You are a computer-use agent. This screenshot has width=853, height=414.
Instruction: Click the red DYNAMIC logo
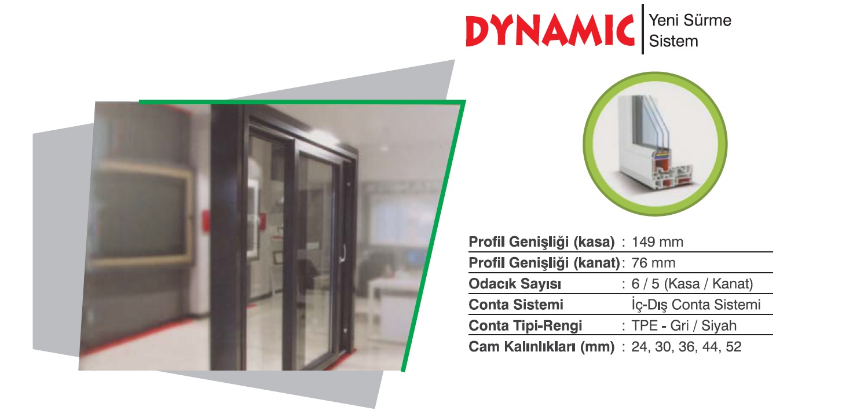point(550,31)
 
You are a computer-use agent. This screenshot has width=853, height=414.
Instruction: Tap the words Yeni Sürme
point(690,20)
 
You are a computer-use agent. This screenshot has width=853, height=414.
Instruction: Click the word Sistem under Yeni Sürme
point(673,41)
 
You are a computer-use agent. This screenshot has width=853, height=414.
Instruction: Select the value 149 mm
point(657,242)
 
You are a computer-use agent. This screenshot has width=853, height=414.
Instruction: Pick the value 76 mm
point(653,263)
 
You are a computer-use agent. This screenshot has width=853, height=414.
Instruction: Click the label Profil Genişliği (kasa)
point(541,242)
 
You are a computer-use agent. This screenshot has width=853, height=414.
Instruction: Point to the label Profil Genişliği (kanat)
point(544,263)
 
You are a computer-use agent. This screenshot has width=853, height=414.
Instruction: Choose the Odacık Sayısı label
point(515,284)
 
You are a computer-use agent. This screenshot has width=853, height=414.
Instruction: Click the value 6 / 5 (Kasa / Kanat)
point(692,284)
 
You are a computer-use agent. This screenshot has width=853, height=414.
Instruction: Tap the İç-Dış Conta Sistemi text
point(695,305)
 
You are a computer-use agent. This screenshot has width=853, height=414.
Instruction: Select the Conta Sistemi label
point(515,305)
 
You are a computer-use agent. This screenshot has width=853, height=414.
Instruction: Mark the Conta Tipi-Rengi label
point(525,326)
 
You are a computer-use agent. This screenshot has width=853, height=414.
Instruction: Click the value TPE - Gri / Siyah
point(684,325)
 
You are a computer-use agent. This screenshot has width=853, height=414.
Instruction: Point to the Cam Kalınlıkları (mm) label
point(541,347)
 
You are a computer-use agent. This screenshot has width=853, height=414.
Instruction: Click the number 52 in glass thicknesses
point(734,347)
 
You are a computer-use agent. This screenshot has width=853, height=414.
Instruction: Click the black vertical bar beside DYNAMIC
point(643,30)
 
